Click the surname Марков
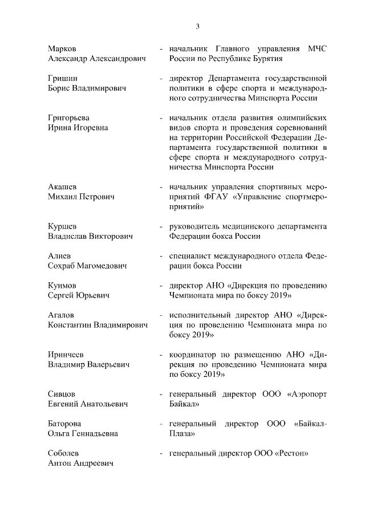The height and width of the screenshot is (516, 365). (x=62, y=48)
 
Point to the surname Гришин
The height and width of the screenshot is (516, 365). (x=62, y=78)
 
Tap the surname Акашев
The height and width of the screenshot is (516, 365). (x=63, y=187)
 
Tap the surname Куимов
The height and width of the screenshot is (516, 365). (x=63, y=286)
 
